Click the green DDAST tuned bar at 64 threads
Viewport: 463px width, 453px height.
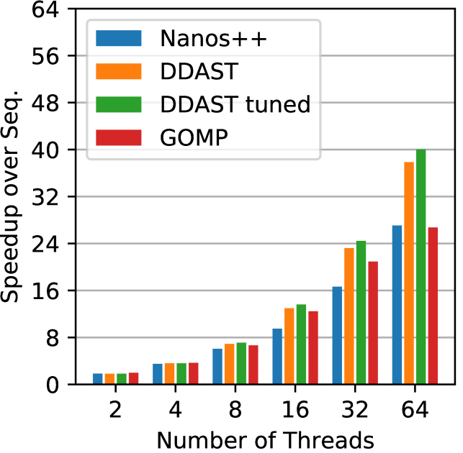tap(421, 267)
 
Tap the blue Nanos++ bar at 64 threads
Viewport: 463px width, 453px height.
tap(397, 305)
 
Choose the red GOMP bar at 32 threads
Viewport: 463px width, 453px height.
tap(373, 323)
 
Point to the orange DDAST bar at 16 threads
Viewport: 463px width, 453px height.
tap(289, 346)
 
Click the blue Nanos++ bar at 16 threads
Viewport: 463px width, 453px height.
tap(277, 357)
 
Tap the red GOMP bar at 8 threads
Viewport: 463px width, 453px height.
tap(253, 365)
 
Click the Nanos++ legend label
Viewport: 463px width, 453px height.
tap(214, 38)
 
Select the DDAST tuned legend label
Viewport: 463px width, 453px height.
tap(235, 104)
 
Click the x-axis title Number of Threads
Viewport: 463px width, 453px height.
tap(265, 439)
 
